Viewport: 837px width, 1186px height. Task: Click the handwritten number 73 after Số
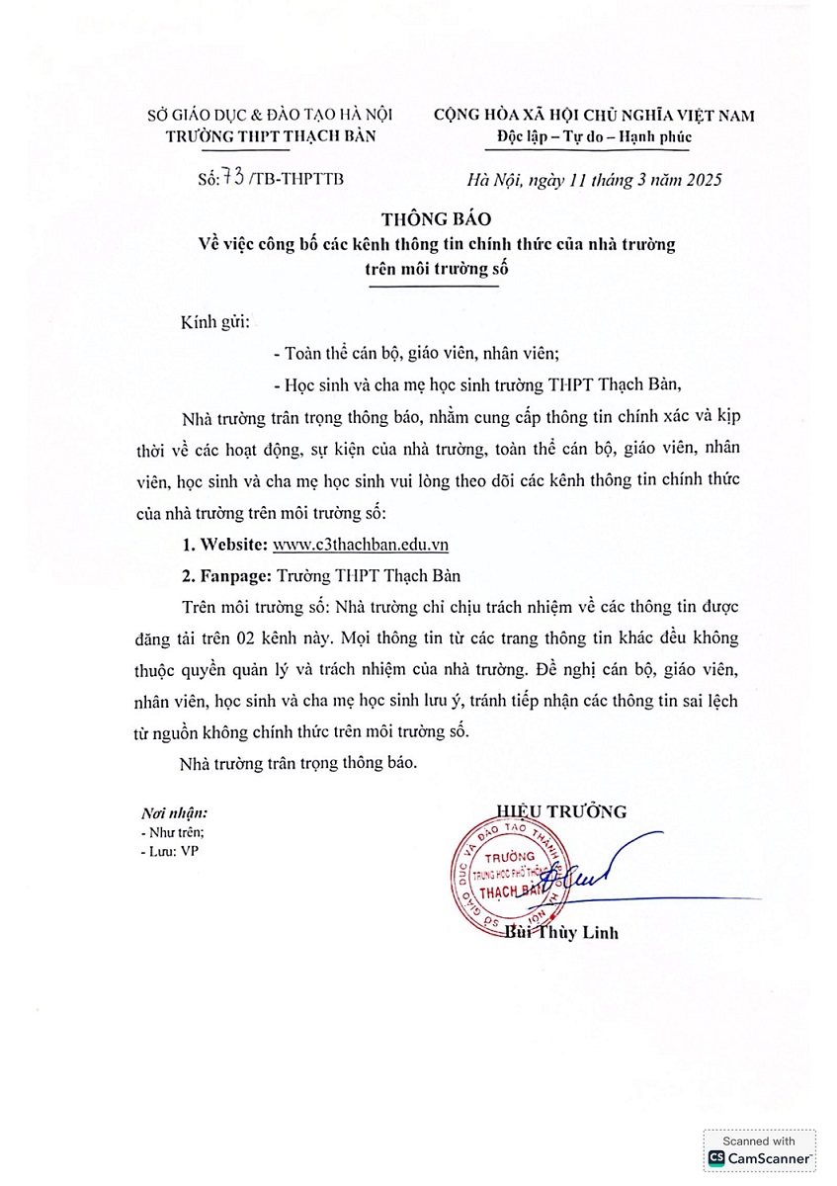pos(235,178)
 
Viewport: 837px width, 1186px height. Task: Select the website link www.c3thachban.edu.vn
pos(362,545)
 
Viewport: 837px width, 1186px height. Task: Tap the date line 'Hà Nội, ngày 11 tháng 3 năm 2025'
pos(594,179)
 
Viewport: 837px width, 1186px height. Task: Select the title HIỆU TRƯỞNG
pos(562,811)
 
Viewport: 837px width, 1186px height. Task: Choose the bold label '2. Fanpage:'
pos(228,574)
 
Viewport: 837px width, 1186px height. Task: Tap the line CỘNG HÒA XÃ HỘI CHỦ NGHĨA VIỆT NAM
pos(594,115)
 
